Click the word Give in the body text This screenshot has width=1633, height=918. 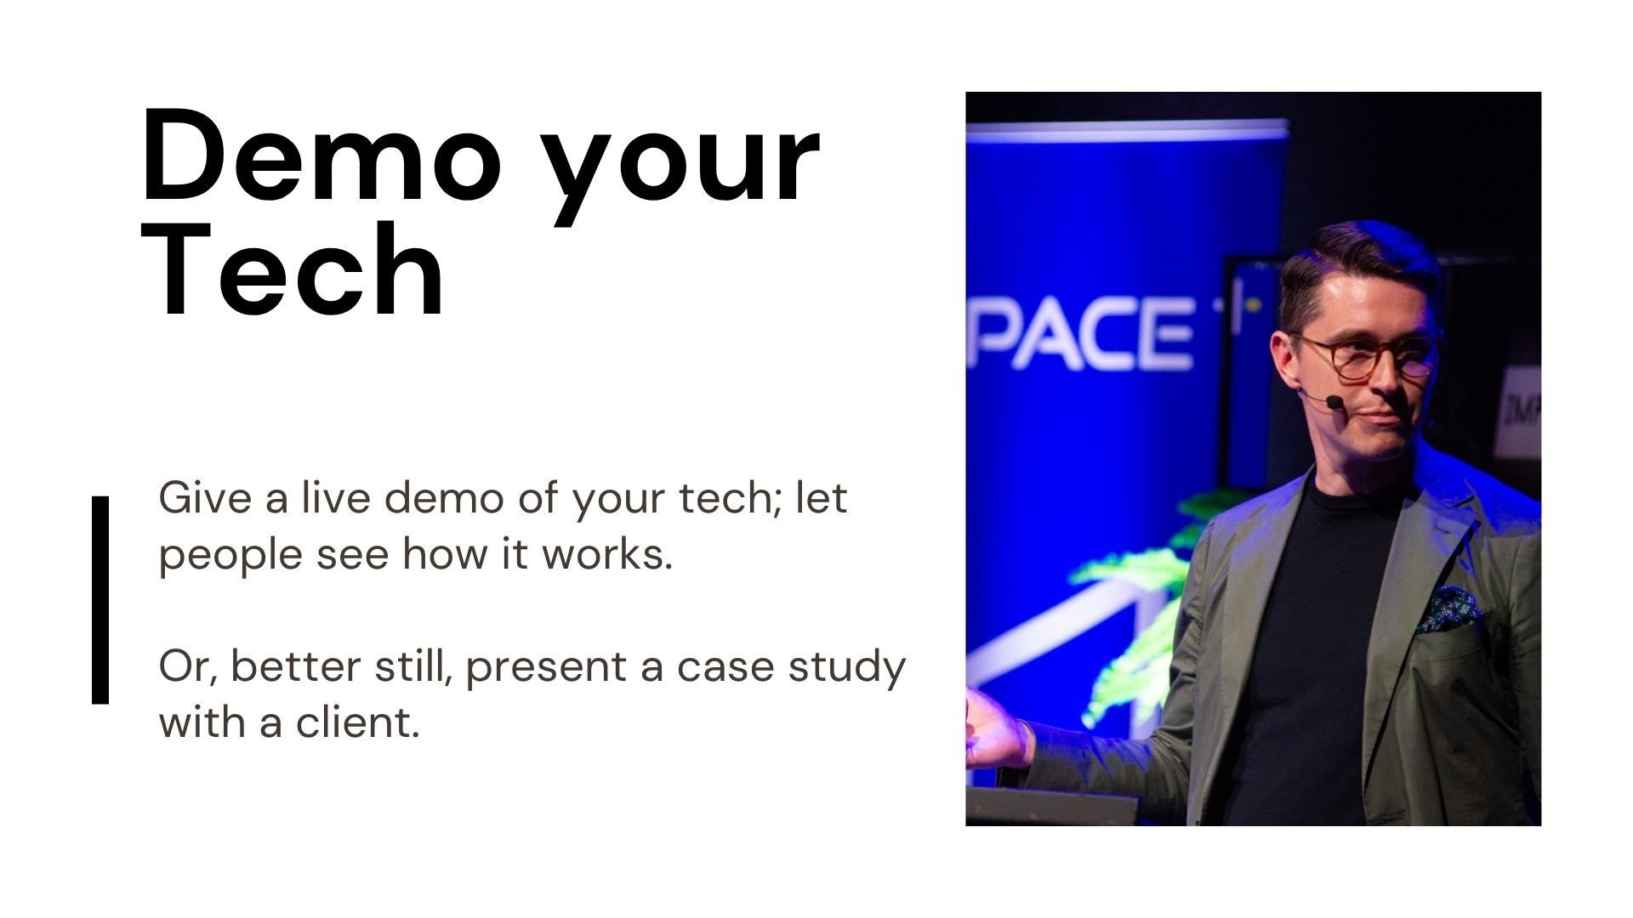[205, 497]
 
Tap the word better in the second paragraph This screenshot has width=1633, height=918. [295, 666]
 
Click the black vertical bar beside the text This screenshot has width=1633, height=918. [100, 600]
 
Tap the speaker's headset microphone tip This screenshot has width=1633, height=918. [1334, 401]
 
